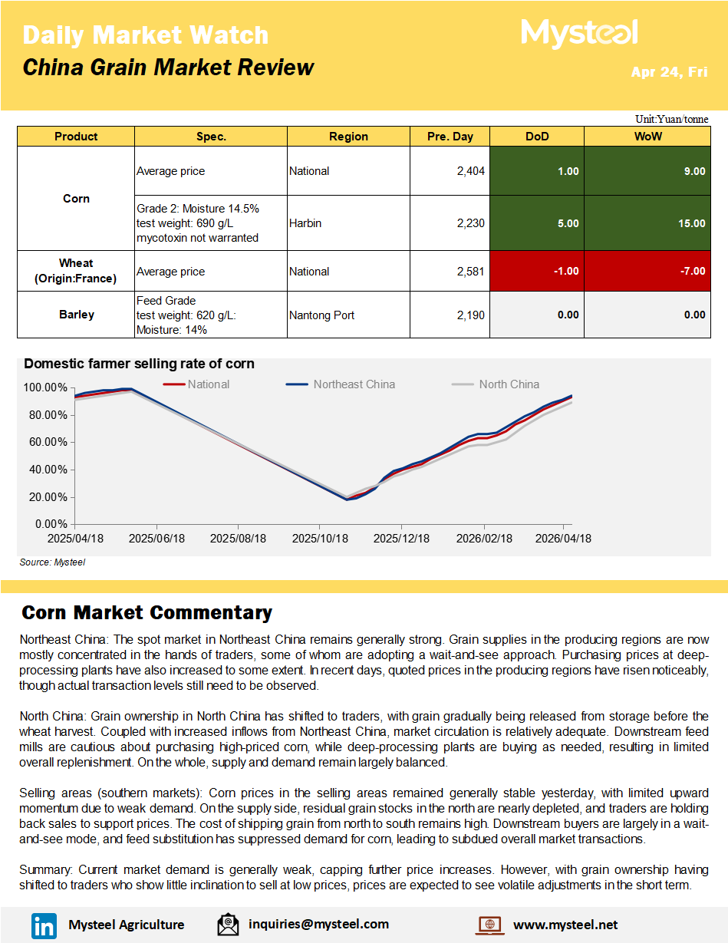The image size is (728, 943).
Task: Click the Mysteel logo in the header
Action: coord(579,33)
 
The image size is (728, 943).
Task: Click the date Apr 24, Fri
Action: coord(669,72)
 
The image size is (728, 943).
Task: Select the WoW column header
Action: coord(647,137)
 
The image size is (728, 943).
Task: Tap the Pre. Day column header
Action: coord(450,137)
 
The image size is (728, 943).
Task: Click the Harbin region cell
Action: coord(305,223)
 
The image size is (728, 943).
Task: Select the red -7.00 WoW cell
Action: coord(647,272)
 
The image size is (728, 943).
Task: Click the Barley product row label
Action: coord(76,315)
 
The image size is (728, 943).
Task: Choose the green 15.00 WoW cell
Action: coord(647,223)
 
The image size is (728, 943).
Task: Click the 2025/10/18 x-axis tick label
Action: coord(320,539)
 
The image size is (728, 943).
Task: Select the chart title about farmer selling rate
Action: coord(139,364)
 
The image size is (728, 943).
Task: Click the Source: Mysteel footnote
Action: coord(52,562)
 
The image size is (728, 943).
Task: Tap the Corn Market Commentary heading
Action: coord(147,612)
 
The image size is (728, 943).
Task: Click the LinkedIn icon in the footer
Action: coord(44,925)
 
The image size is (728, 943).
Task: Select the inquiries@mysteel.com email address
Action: coord(318,925)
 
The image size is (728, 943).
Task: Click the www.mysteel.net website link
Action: coord(565,925)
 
